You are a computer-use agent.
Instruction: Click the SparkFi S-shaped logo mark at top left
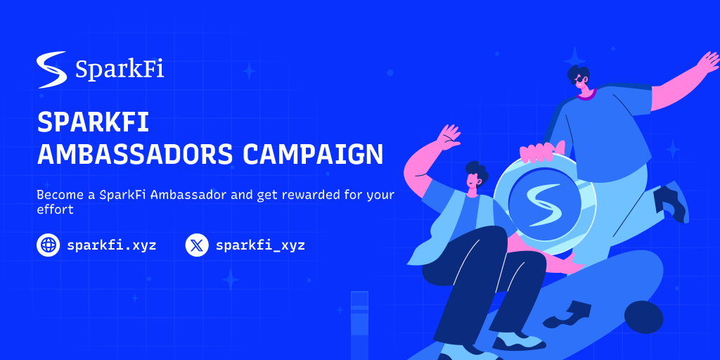tap(52, 70)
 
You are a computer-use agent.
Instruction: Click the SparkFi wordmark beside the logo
tap(120, 71)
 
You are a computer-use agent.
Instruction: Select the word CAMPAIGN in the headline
tap(313, 154)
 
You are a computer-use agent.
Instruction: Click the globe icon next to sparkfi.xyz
tap(49, 245)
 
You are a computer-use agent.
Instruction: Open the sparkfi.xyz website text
tap(112, 245)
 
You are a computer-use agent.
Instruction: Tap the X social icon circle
tap(197, 245)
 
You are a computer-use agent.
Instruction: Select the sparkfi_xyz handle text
tap(260, 245)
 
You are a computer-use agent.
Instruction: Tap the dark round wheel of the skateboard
tap(643, 317)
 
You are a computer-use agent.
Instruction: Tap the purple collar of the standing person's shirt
tap(586, 95)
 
